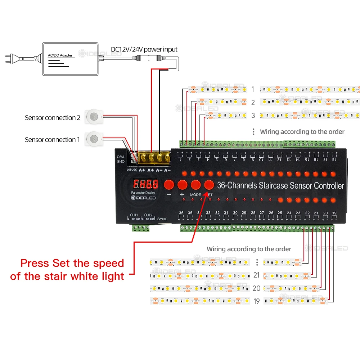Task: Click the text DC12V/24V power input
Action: coord(144,49)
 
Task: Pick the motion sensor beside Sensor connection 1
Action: coord(93,138)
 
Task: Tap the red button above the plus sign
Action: coord(182,185)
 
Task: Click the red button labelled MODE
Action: coord(195,185)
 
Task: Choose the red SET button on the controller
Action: coord(209,185)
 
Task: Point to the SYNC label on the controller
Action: coord(163,219)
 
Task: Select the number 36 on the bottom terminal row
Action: coord(181,213)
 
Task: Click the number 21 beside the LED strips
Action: coord(256,275)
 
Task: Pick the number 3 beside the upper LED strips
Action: coord(253,116)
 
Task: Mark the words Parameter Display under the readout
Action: coord(143,193)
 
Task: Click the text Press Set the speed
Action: coord(72,263)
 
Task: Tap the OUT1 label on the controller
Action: coord(134,215)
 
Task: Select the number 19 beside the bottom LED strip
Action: coord(256,301)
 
